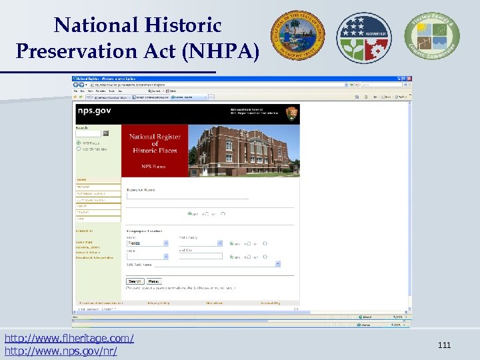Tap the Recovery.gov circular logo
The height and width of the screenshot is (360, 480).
click(364, 37)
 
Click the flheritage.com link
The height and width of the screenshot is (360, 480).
click(69, 339)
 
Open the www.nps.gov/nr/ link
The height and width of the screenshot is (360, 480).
click(61, 351)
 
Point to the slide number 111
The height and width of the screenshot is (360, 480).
click(445, 345)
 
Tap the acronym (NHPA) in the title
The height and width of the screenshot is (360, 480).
click(223, 51)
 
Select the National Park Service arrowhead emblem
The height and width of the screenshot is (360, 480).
click(292, 113)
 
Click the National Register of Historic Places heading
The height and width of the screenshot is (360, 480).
click(155, 143)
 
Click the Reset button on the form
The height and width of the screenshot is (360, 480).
click(154, 281)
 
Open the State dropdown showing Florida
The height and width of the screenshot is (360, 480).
click(148, 243)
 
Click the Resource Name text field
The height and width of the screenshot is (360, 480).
click(187, 196)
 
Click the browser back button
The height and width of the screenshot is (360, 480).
click(78, 85)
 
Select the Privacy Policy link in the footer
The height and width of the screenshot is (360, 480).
click(159, 303)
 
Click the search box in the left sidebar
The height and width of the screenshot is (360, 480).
click(88, 133)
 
